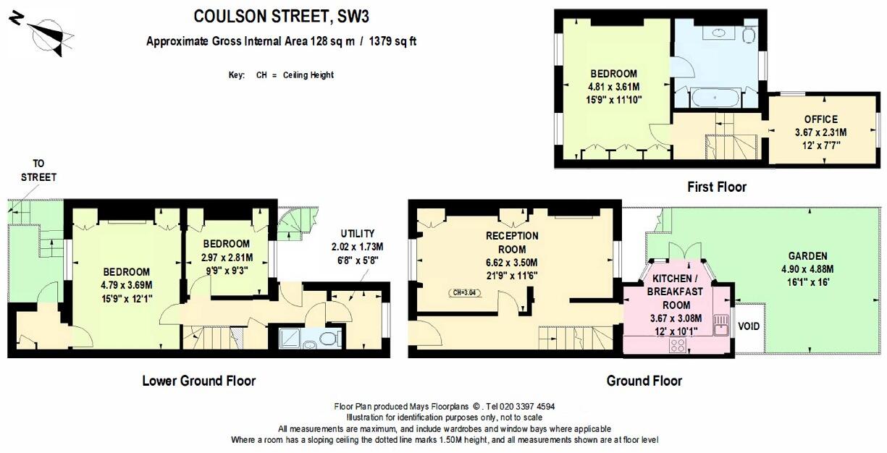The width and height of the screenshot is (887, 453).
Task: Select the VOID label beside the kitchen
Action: coord(749,326)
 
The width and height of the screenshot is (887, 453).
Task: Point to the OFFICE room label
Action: coord(820,119)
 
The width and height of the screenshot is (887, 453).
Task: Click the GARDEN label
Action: coord(809,256)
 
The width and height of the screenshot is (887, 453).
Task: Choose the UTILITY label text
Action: coord(357,234)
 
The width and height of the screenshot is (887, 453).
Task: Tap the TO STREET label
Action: coord(38,171)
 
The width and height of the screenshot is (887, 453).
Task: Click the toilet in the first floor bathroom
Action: coord(749,33)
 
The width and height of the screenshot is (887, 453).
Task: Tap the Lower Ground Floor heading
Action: coord(198,381)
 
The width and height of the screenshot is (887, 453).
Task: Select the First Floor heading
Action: coord(716,187)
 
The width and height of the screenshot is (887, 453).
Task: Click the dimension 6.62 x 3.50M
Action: coord(512,262)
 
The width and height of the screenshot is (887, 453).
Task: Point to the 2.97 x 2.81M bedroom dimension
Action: coord(227,257)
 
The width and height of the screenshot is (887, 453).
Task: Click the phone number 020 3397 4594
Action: coord(520,407)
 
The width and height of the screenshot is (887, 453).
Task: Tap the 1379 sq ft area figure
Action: coord(392,41)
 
